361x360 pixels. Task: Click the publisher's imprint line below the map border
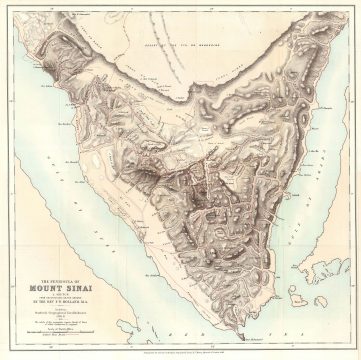pos(180,351)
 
